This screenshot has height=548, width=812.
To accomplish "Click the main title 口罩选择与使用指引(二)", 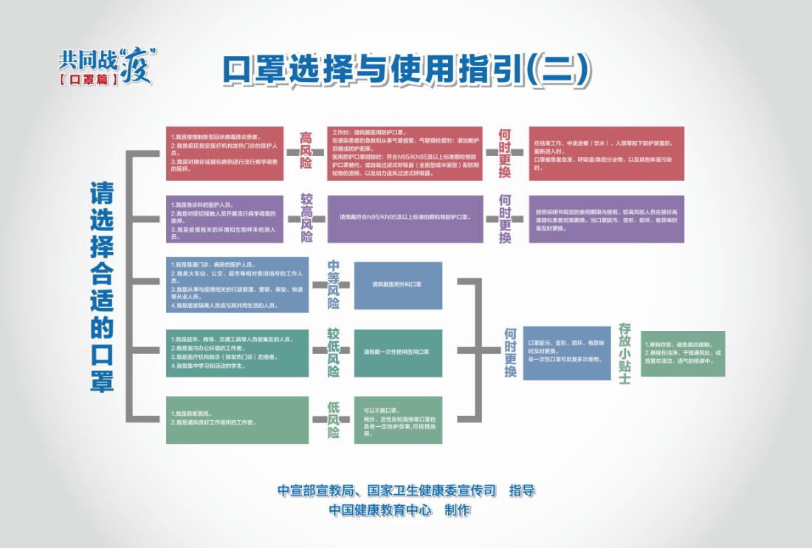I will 407,70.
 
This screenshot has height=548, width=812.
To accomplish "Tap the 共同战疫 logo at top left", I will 108,59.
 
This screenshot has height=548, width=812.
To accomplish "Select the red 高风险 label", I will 306,151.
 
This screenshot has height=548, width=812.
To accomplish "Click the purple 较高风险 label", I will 306,218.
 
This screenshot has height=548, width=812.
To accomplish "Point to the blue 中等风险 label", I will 334,284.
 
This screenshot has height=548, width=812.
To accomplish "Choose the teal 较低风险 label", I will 334,352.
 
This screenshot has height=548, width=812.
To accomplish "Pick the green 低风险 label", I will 334,420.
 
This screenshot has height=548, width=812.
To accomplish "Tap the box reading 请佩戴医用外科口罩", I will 398,285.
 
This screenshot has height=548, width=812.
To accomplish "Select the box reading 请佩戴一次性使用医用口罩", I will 398,353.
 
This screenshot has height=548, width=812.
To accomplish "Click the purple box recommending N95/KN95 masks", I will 405,219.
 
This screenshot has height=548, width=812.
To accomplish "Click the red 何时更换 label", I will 505,152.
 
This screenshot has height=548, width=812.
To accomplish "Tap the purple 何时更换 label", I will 505,219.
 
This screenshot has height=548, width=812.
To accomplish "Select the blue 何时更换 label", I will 510,353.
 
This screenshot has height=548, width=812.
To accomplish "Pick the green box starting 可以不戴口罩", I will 398,420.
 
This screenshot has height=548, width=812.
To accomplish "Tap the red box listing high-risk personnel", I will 224,153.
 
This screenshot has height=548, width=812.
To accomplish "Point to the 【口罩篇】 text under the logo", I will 88,78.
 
